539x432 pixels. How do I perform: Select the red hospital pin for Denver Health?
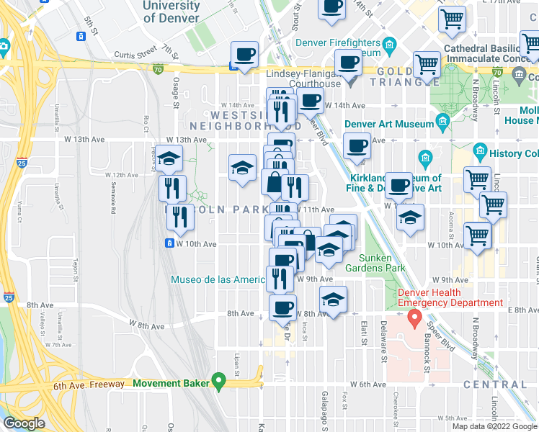point(414,318)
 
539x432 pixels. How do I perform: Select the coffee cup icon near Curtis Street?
point(245,55)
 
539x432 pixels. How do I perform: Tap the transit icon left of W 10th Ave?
point(170,243)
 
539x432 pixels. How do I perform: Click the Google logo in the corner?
point(23,423)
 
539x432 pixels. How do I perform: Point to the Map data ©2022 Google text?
point(494,426)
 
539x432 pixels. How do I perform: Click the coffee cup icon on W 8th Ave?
point(283,307)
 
